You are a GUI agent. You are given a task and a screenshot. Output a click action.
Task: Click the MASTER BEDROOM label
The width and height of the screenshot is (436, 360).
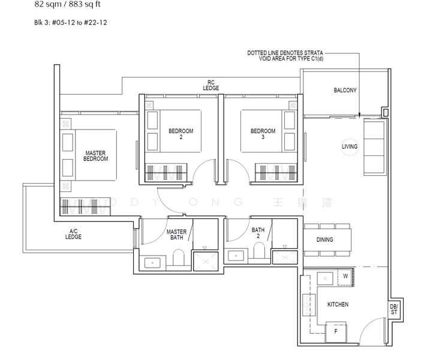coord(95,156)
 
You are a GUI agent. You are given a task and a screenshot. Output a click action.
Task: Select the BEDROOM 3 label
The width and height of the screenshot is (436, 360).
coord(263,134)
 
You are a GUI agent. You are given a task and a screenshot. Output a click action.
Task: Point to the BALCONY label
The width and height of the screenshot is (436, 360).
coord(345,91)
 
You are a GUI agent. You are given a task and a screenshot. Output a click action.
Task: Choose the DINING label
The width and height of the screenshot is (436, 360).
coord(324,240)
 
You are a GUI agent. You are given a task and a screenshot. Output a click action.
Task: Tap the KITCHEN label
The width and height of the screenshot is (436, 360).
coord(338,305)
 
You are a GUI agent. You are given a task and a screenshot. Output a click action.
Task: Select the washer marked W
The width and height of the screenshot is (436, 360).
coord(345,277)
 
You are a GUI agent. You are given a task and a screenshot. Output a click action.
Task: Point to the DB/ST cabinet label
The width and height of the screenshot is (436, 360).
coord(394,310)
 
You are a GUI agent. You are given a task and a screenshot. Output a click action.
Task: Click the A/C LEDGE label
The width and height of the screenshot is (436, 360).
coord(74,234)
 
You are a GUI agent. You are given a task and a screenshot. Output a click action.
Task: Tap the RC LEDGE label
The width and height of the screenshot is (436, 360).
coord(211,85)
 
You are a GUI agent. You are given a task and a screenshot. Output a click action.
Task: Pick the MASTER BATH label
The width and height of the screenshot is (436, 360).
coord(176,235)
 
